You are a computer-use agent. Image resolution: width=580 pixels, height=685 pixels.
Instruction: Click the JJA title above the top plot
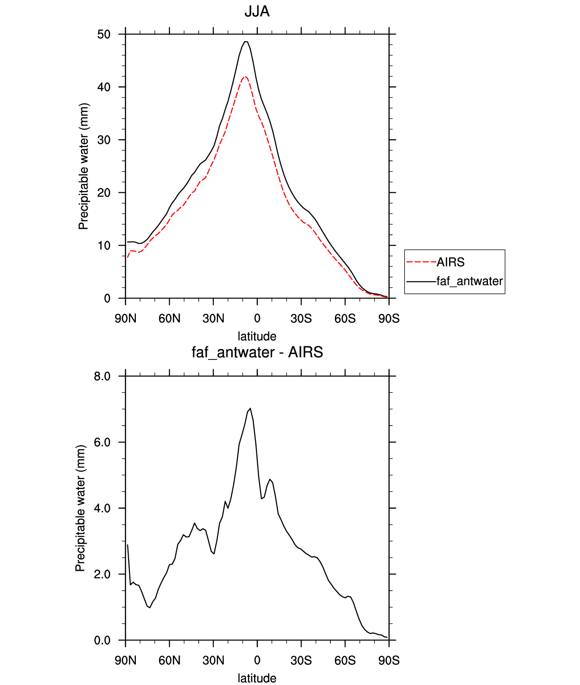257,12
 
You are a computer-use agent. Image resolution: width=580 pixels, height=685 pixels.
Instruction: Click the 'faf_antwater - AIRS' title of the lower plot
257,352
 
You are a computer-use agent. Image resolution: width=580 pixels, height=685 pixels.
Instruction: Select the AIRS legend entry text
450,262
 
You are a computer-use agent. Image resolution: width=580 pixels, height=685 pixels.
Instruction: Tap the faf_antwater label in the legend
470,281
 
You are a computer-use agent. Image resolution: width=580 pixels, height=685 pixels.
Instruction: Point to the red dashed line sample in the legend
421,262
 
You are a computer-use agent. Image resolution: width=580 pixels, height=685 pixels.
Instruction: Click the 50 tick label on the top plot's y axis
104,34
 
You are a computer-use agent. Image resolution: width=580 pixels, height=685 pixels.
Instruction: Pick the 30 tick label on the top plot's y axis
104,140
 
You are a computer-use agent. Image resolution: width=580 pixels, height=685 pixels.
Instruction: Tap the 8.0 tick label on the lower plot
102,376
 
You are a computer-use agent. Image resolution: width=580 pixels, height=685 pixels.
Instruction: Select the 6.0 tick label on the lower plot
102,442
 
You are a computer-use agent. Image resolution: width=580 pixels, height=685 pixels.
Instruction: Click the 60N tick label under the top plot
169,318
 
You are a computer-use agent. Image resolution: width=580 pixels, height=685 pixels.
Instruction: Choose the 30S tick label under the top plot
301,318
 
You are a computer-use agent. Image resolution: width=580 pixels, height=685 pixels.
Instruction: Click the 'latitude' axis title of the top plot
257,336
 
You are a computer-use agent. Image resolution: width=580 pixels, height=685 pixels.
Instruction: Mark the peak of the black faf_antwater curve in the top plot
246,42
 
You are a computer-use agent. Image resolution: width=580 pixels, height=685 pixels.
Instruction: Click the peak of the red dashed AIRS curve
245,77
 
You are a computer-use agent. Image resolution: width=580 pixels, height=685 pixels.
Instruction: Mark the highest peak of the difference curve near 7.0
250,408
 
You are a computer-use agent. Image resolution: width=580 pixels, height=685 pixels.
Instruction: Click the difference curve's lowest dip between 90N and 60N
150,607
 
